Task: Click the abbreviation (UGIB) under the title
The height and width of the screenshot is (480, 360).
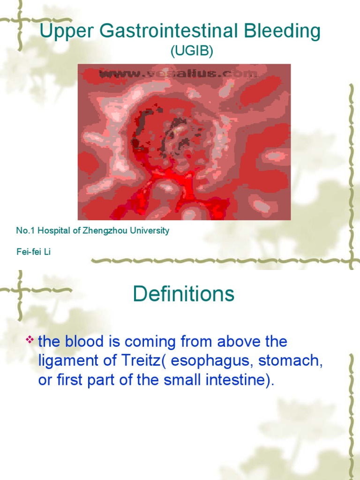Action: (192, 52)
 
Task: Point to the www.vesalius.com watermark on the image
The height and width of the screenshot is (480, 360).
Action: (178, 74)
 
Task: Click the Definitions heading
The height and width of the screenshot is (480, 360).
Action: (183, 294)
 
